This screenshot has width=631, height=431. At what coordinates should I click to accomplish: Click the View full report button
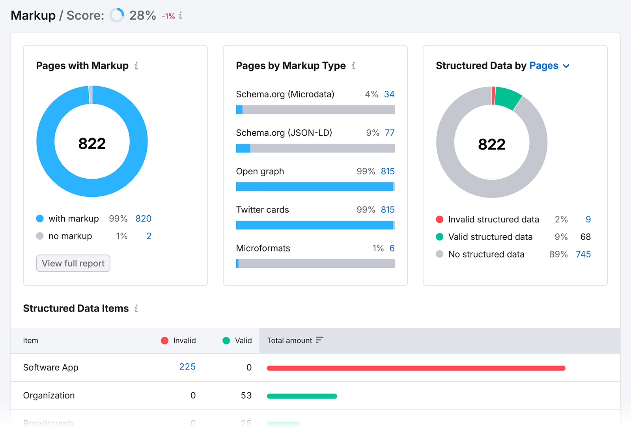(x=73, y=263)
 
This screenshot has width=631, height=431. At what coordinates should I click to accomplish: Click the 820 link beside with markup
(x=143, y=218)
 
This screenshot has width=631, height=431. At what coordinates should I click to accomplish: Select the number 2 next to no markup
(x=149, y=236)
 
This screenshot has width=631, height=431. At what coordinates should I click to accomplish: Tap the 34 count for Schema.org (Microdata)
(x=389, y=94)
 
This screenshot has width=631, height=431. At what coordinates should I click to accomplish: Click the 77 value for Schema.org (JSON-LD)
(x=389, y=133)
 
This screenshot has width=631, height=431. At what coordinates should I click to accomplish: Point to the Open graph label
(x=260, y=172)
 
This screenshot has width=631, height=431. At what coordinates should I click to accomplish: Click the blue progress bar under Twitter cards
(x=314, y=225)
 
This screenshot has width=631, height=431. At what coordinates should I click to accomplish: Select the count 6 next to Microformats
(x=392, y=248)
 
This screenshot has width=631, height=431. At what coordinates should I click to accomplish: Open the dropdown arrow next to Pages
(x=566, y=66)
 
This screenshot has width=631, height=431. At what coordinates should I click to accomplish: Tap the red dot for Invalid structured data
(x=439, y=219)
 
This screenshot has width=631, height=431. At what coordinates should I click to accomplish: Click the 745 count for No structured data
(x=583, y=254)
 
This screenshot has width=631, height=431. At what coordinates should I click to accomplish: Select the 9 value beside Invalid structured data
(x=588, y=219)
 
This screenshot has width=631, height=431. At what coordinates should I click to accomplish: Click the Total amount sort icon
(x=319, y=340)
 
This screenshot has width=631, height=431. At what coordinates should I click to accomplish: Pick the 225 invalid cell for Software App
(x=187, y=367)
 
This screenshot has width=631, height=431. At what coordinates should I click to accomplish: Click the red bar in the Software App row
(x=416, y=368)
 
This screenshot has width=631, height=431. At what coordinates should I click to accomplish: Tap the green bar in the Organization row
(x=302, y=396)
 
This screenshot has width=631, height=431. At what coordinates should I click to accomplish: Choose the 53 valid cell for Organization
(x=246, y=396)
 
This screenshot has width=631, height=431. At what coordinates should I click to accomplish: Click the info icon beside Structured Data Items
(x=136, y=308)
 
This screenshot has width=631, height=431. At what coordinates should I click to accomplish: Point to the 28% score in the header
(x=142, y=15)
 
